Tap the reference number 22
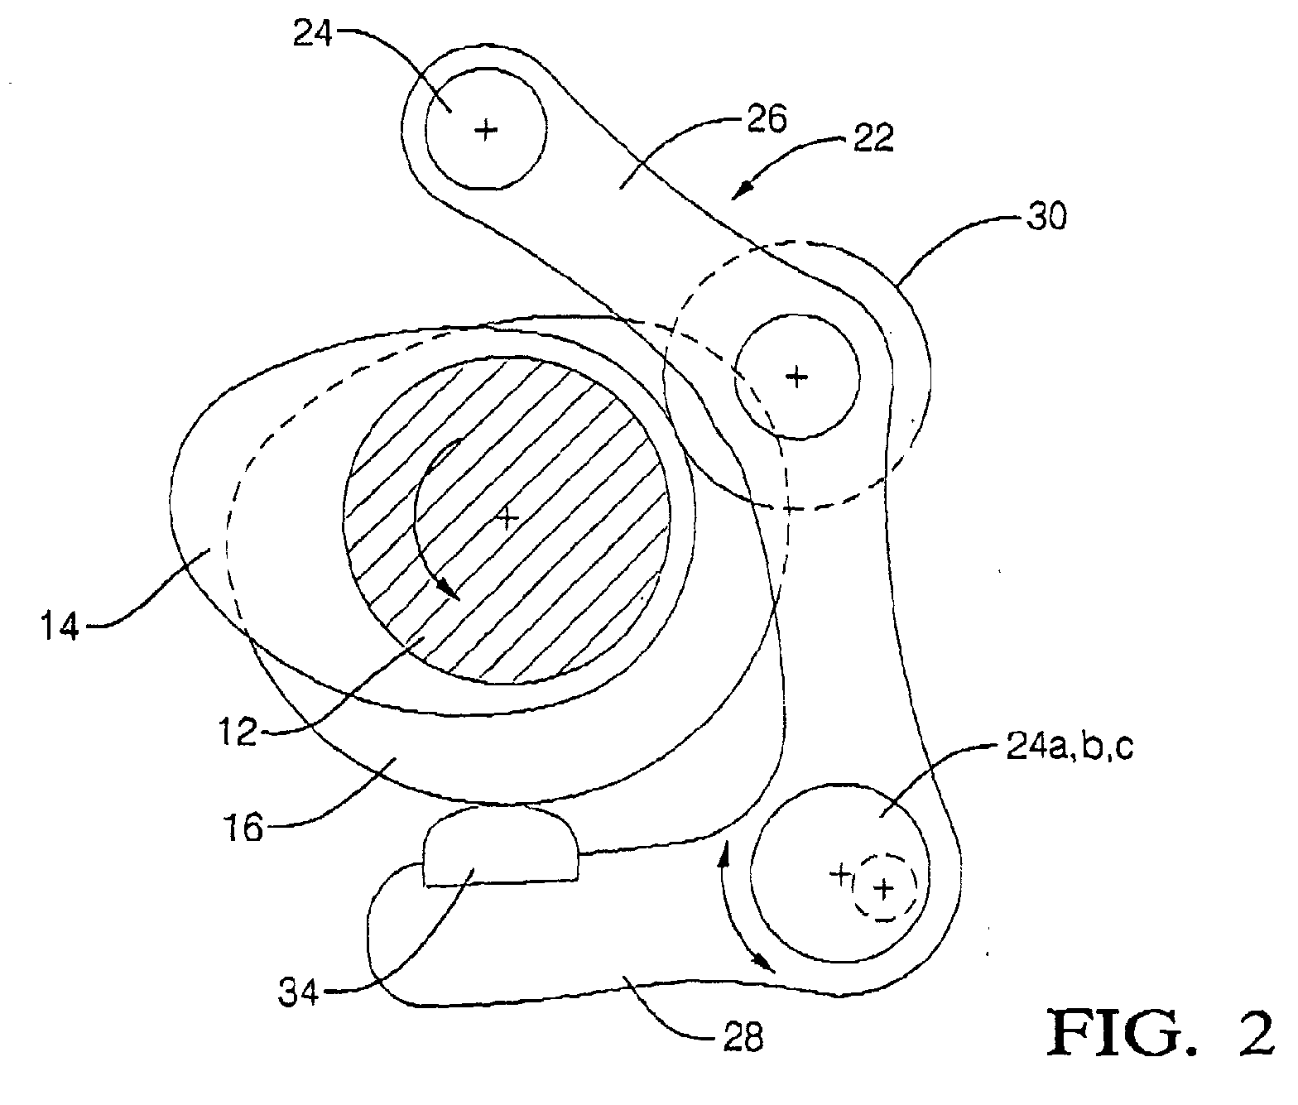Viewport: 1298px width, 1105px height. click(x=873, y=139)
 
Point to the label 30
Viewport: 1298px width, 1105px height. click(x=1046, y=217)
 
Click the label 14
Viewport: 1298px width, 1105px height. click(x=60, y=626)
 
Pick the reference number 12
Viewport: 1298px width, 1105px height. click(x=238, y=732)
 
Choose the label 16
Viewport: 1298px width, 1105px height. click(x=243, y=828)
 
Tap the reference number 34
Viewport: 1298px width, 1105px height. click(x=298, y=994)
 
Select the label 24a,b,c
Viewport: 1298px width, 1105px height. click(x=1070, y=748)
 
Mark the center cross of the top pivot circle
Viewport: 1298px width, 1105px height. click(x=486, y=131)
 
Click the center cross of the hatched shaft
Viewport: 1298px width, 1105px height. click(x=507, y=517)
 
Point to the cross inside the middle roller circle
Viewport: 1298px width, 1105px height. click(x=797, y=377)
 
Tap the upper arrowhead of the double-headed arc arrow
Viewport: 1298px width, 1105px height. click(x=726, y=851)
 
